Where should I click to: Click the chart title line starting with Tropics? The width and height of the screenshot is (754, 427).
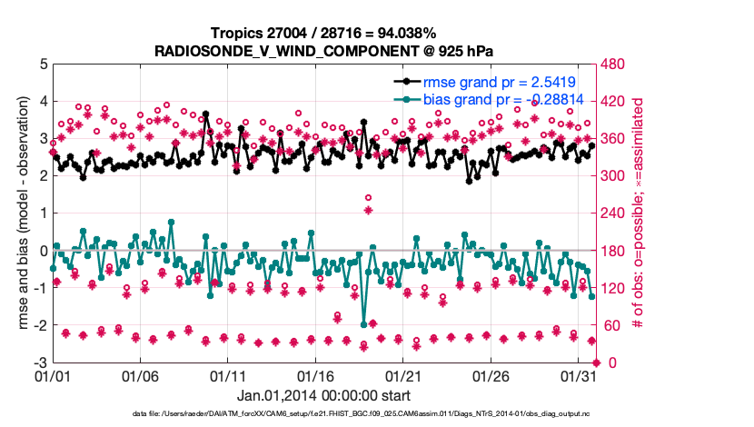click(323, 33)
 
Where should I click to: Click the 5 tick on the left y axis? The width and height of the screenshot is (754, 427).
click(43, 65)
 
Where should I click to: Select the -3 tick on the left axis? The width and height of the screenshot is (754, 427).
click(40, 362)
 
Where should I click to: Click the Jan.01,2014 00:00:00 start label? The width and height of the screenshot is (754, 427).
click(323, 395)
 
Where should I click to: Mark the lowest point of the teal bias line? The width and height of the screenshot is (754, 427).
click(363, 324)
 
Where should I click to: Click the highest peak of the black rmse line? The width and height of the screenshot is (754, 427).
click(206, 114)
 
